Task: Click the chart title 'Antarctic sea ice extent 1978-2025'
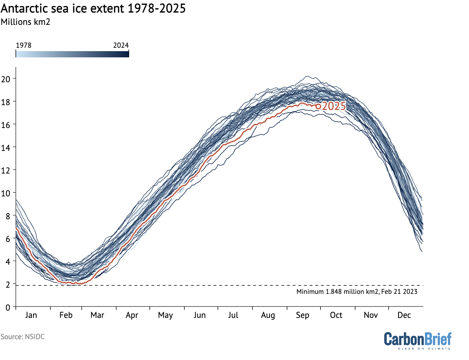tap(93, 8)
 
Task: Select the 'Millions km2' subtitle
tap(25, 22)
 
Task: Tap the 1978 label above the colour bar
tap(23, 45)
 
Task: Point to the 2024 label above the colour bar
tap(121, 45)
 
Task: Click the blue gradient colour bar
tap(72, 54)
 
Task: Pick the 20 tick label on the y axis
tap(6, 79)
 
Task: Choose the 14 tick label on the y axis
tap(6, 148)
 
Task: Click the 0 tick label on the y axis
tap(8, 307)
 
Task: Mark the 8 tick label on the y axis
tap(8, 216)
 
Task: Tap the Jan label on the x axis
tap(31, 315)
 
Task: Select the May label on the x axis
tap(165, 315)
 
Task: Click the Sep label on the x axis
tap(303, 315)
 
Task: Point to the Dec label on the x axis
tap(404, 315)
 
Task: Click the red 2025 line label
tap(334, 106)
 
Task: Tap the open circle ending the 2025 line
tap(318, 107)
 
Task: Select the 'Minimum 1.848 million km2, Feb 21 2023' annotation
tap(357, 292)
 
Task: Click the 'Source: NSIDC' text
tap(23, 337)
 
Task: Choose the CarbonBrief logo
tap(418, 339)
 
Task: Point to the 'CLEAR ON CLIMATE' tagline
tap(424, 349)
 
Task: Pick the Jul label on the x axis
tap(233, 315)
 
